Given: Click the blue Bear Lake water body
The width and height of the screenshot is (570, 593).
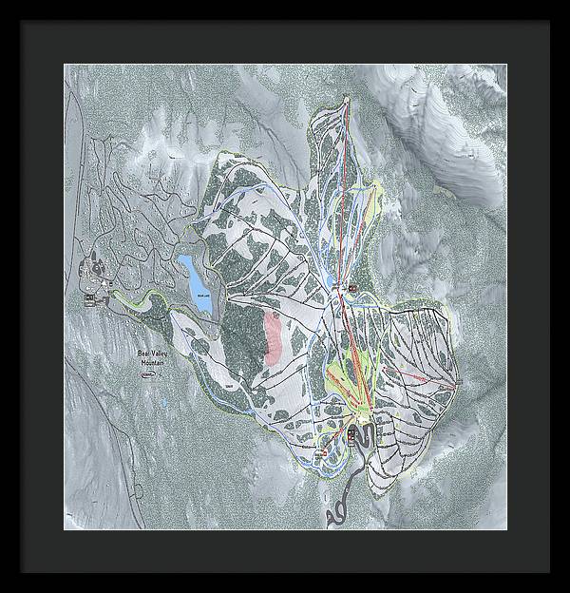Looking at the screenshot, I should [197, 277].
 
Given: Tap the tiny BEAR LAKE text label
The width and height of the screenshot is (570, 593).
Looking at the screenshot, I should [202, 296].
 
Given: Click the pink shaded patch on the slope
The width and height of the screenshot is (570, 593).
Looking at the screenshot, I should [275, 338].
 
